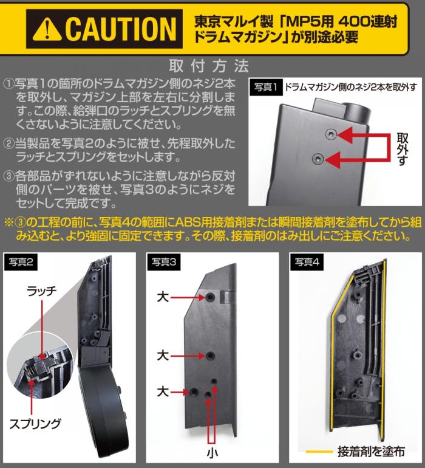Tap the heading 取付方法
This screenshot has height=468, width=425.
click(208, 66)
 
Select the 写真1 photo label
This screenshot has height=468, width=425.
click(266, 88)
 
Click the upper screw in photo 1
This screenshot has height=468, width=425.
click(331, 134)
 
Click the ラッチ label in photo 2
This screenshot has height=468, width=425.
click(42, 291)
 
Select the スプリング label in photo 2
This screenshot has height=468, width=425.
click(35, 424)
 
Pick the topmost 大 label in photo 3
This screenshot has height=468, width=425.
click(163, 297)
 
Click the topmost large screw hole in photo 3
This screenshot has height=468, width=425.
click(209, 297)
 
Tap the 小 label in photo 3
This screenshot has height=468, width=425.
click(212, 453)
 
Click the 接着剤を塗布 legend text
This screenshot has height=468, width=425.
click(371, 452)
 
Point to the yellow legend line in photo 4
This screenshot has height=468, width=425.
click(319, 452)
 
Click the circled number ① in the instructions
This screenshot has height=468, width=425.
click(9, 84)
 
